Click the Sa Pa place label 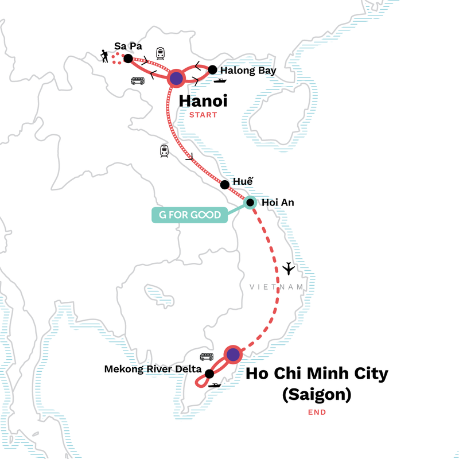[x=128, y=46]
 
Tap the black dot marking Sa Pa [x=129, y=59]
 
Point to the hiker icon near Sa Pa [x=105, y=56]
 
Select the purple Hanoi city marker [x=177, y=79]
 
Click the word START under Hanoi [x=203, y=115]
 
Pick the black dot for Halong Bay [x=212, y=70]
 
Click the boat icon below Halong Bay [x=219, y=81]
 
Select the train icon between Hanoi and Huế [x=165, y=151]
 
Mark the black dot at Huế [x=225, y=185]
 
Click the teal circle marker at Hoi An [x=250, y=202]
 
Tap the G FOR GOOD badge [x=189, y=215]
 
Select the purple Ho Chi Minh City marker [x=232, y=355]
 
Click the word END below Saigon [x=316, y=412]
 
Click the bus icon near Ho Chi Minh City [x=207, y=357]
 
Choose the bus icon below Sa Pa [x=138, y=81]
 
